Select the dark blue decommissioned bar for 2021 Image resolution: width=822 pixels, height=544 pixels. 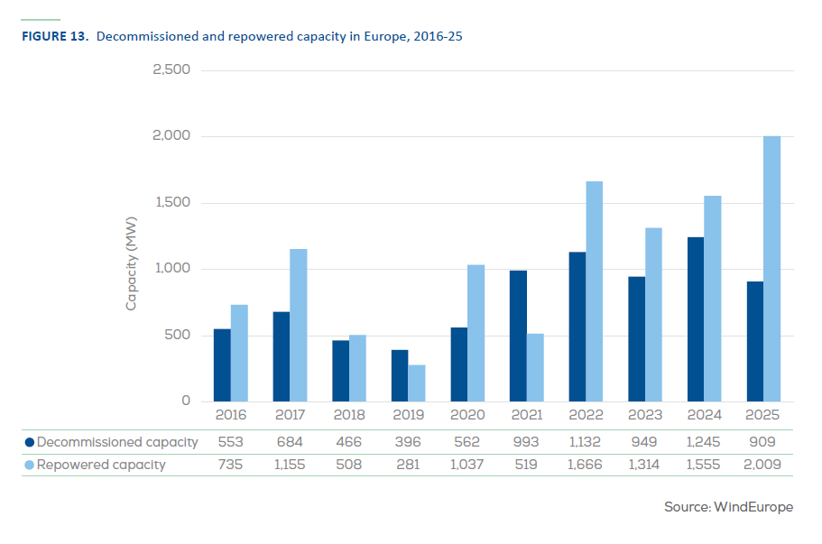tap(518, 336)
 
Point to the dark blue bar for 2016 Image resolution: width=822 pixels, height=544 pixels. tap(222, 365)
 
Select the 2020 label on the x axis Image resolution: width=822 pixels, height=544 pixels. tap(467, 415)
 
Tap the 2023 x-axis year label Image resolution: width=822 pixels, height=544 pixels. tap(645, 415)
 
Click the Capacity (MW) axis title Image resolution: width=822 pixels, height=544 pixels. tap(131, 263)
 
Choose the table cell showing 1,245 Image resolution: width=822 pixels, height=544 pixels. tap(704, 442)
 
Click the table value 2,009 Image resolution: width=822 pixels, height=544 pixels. tap(763, 465)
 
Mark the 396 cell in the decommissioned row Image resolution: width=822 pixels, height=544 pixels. tap(408, 442)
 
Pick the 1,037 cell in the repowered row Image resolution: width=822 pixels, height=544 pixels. tap(467, 465)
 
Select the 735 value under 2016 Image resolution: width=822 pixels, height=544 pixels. tap(230, 465)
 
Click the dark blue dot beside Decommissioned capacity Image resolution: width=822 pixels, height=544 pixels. tap(29, 442)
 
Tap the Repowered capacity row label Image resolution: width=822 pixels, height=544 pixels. tap(101, 465)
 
